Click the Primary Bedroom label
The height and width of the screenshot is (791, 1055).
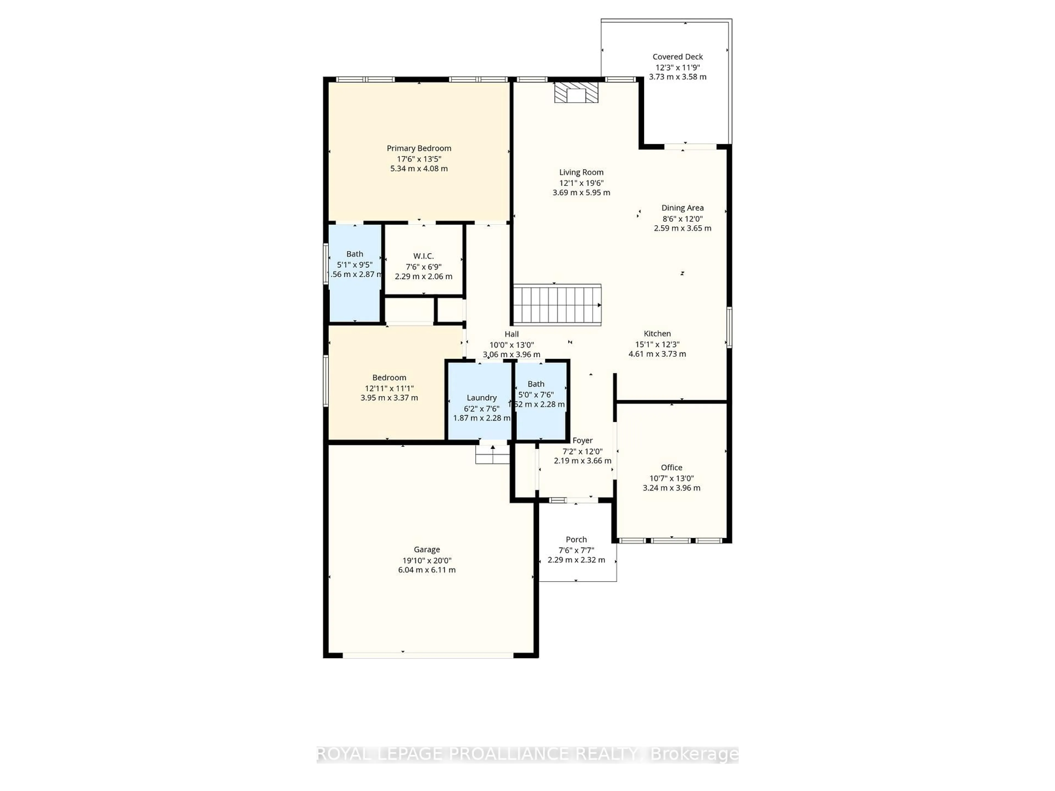[419, 148]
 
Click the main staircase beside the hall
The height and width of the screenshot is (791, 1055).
[557, 305]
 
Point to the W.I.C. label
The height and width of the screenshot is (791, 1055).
[424, 256]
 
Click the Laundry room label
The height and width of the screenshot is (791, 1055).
[481, 398]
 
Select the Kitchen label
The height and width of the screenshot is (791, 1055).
[657, 334]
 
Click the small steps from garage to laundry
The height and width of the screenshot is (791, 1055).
[493, 455]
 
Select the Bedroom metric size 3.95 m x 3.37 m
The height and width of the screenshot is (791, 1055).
[389, 398]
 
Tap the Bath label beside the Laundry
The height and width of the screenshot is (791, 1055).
[536, 384]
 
